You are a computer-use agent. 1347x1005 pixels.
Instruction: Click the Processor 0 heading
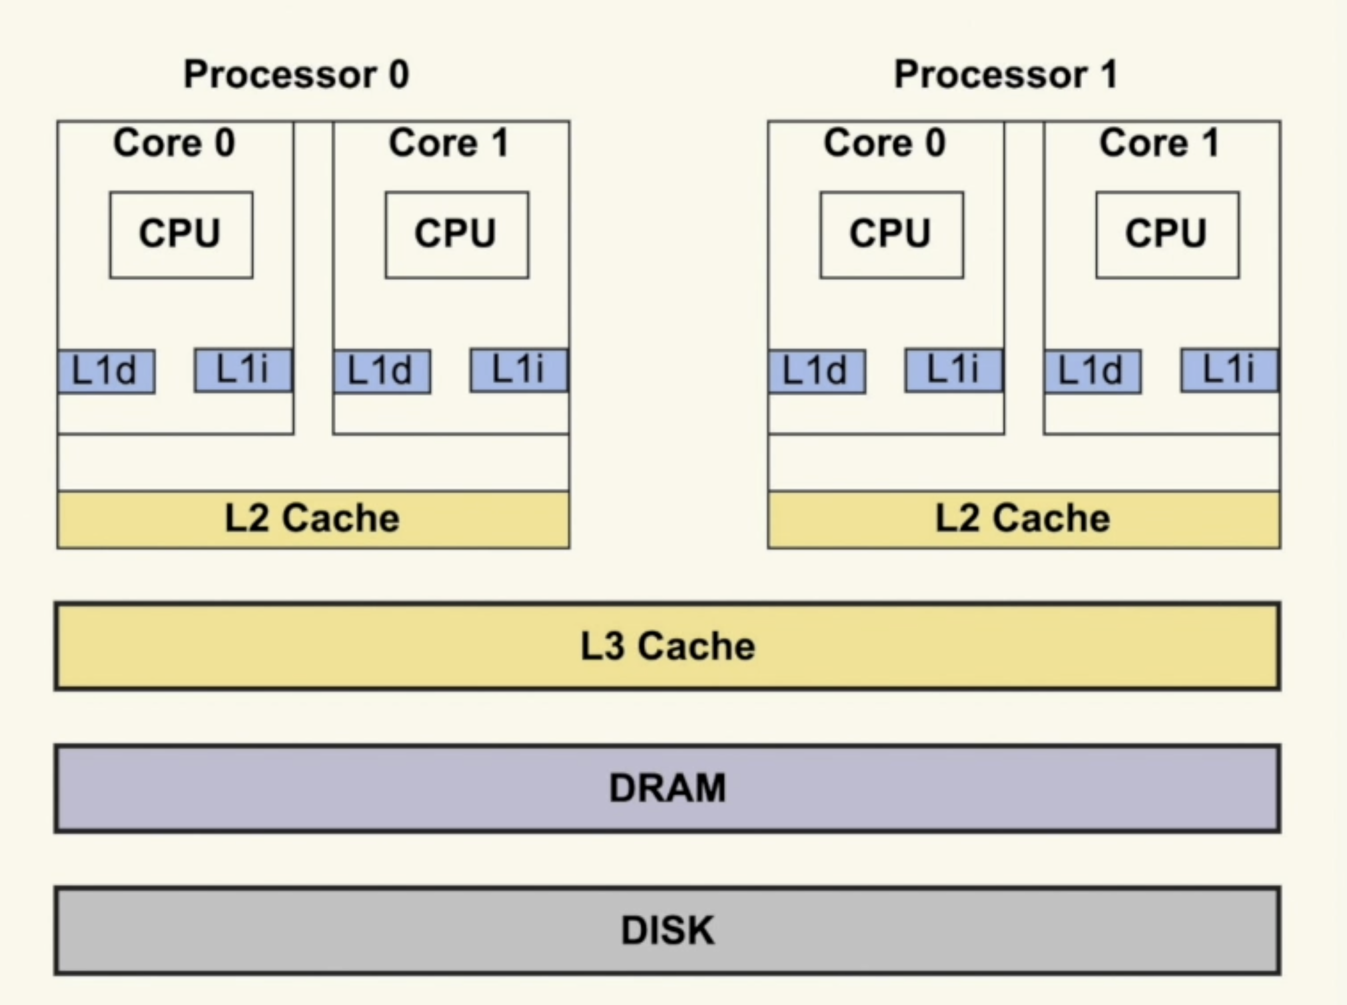pos(296,74)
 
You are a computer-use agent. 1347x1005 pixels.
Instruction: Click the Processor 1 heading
pos(1006,74)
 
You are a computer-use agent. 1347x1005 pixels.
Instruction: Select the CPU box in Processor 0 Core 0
pos(181,235)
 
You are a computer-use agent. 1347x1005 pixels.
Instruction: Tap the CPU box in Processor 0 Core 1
pos(457,235)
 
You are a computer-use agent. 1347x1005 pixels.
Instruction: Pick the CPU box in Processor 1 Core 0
pos(891,235)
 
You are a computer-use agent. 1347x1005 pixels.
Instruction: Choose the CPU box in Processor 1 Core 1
pos(1167,235)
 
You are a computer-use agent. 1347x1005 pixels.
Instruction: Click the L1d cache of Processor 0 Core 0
pos(106,371)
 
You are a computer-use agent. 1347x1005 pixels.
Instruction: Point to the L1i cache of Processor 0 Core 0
pos(243,369)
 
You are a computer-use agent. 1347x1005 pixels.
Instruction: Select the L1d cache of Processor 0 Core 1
pos(382,371)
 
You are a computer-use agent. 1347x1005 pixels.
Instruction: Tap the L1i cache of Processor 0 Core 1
pos(519,369)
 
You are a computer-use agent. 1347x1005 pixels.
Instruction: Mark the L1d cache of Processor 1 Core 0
pos(817,371)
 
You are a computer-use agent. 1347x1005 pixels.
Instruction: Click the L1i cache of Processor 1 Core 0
pos(954,369)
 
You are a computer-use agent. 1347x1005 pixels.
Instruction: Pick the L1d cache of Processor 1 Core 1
pos(1093,371)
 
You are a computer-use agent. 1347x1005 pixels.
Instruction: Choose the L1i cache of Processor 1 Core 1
pos(1230,369)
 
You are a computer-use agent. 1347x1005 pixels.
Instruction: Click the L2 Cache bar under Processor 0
pos(313,519)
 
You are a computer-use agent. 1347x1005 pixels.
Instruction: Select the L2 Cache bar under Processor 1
pos(1024,519)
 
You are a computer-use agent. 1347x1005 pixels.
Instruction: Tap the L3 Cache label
pos(668,646)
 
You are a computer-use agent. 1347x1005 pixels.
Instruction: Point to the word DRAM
pos(668,788)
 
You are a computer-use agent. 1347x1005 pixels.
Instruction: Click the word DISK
pos(668,930)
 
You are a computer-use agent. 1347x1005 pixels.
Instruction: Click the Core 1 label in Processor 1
pos(1160,143)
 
